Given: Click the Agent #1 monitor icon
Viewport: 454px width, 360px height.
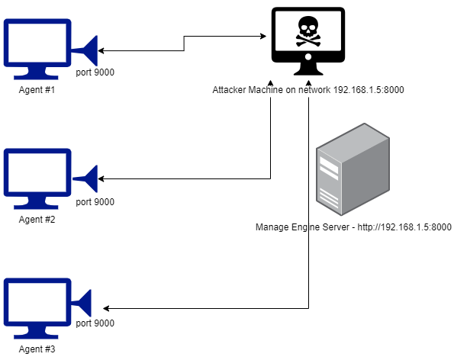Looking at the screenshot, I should pos(37,47).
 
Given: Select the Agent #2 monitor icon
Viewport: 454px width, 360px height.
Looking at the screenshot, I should pos(37,177).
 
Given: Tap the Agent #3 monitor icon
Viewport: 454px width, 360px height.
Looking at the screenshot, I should pos(37,307).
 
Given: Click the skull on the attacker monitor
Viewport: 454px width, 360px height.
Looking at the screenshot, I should pos(307,31).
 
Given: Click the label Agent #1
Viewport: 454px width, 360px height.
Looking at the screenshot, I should pos(37,90).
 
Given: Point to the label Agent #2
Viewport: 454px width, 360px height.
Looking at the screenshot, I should pos(37,220).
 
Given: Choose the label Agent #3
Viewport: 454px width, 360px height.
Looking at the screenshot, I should pos(37,350).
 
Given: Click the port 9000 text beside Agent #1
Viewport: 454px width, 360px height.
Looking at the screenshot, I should pos(95,72).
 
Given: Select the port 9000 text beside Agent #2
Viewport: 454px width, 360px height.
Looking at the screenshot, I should pos(95,202).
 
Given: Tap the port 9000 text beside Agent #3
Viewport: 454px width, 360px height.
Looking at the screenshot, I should pos(95,323).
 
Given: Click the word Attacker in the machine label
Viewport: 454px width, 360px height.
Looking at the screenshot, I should pos(230,90).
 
